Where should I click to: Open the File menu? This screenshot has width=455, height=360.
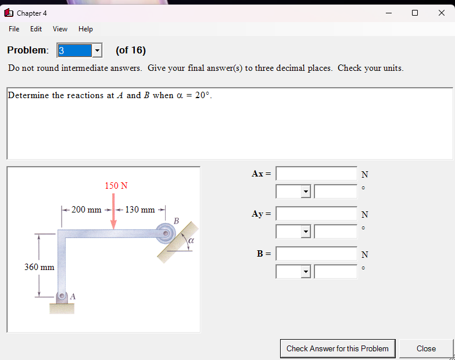[14, 29]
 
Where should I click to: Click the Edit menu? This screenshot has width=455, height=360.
[36, 29]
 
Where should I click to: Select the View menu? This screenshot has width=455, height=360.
[60, 29]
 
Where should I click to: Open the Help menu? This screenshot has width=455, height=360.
[85, 29]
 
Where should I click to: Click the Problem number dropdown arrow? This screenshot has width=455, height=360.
[97, 51]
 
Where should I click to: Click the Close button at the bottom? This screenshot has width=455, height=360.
[426, 348]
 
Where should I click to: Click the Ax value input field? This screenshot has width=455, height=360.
[317, 174]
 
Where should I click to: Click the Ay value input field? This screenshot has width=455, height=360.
[317, 214]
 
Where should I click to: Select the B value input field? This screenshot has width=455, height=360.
[317, 254]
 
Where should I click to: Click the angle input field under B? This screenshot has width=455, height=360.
[335, 271]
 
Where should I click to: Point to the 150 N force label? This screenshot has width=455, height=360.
[116, 186]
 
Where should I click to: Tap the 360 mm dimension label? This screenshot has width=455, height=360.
[40, 267]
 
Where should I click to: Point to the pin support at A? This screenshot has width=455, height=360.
[62, 296]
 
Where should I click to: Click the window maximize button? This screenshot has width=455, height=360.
[415, 13]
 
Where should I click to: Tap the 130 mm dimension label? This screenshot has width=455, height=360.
[140, 210]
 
